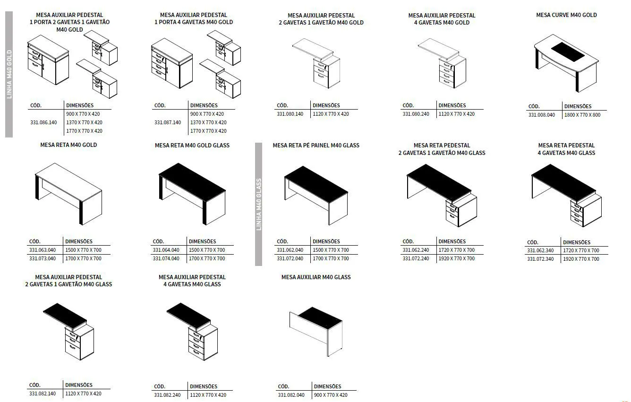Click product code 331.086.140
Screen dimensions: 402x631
[43, 122]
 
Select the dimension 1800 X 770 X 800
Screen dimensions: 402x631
[582, 115]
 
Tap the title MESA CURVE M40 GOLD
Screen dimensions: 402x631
[566, 15]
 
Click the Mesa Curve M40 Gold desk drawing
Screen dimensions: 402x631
[566, 62]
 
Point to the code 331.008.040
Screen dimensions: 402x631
[542, 115]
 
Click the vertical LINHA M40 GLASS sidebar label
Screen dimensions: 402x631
[259, 205]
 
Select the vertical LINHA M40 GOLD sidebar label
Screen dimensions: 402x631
[9, 74]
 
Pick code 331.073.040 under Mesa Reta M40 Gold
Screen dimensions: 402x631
[43, 258]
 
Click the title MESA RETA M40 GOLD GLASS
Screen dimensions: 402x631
[192, 145]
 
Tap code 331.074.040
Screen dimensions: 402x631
[166, 258]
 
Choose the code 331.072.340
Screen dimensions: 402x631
[540, 259]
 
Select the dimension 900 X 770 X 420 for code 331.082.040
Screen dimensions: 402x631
[331, 395]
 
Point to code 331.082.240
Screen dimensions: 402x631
[167, 395]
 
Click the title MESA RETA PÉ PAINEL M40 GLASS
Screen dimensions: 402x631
[316, 145]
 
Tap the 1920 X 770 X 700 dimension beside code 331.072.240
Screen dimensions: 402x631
[457, 258]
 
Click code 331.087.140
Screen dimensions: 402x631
[168, 122]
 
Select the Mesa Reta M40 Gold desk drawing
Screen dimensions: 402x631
[68, 193]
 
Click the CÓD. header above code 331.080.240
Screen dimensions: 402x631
[408, 105]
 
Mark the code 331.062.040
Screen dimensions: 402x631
[290, 250]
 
